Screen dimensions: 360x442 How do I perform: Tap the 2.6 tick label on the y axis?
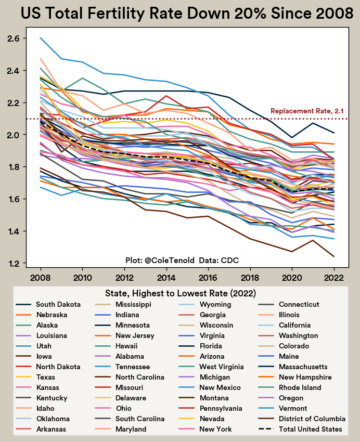point(13,38)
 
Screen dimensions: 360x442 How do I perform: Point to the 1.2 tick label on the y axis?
point(13,264)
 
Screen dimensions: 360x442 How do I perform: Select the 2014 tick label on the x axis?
point(166,278)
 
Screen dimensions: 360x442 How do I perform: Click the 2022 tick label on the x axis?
point(334,278)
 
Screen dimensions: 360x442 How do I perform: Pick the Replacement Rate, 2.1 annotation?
point(307,111)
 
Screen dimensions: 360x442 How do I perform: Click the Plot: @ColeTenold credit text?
point(160,260)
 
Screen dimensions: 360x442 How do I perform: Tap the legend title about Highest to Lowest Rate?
point(181,293)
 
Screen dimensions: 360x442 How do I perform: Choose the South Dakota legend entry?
point(48,304)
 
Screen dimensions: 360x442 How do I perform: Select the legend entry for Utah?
point(34,346)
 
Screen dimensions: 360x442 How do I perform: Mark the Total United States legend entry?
point(300,429)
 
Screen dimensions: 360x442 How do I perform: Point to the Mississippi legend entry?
point(123,304)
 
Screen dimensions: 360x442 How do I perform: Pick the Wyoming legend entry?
point(205,304)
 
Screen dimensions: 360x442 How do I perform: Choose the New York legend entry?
point(205,429)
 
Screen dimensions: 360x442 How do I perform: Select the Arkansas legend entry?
point(41,429)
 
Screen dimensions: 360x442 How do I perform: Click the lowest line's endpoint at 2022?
point(334,256)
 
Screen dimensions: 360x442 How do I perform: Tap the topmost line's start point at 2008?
point(41,37)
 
